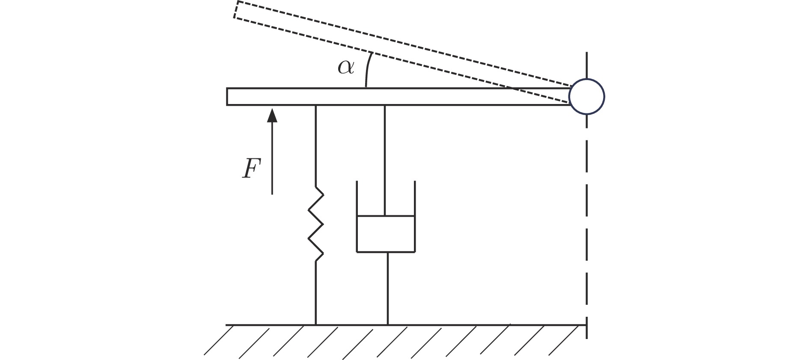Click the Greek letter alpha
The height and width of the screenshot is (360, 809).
pos(346,67)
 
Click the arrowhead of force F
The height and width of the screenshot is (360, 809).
pos(272,116)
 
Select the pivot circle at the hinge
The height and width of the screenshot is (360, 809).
pos(586,97)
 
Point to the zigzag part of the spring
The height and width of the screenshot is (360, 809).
pos(316,224)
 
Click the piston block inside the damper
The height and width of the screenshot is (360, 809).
pos(386,234)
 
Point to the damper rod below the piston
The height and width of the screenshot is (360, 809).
pos(388,289)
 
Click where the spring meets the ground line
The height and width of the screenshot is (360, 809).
pos(316,325)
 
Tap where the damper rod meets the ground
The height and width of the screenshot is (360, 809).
pos(388,325)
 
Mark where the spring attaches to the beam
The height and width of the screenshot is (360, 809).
pos(316,105)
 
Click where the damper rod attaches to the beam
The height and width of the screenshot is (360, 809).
pos(385,105)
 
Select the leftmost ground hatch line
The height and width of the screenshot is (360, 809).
pos(218,340)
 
